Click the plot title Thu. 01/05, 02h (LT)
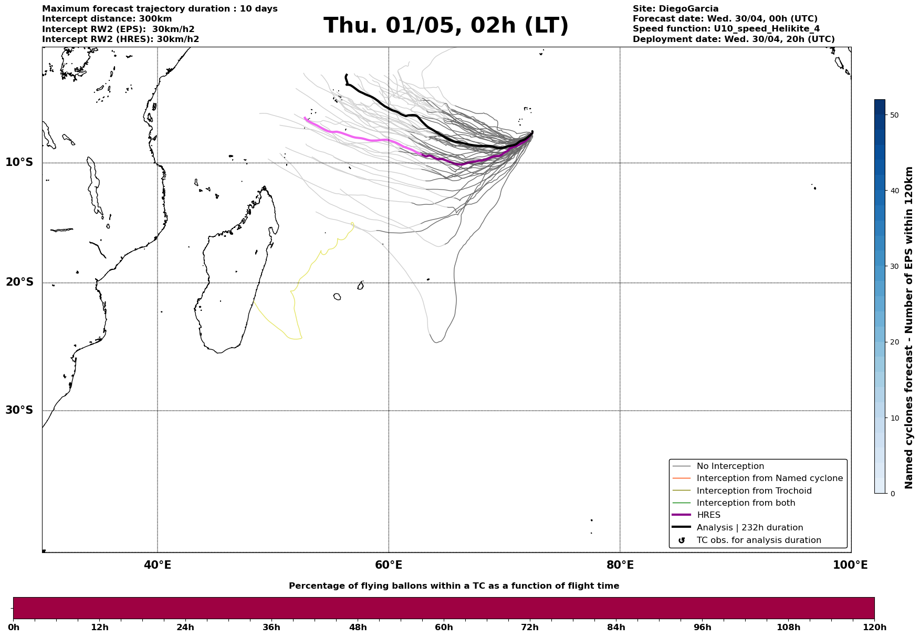pos(446,26)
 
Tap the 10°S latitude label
pos(19,162)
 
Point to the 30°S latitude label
pos(19,410)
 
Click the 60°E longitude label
pos(389,565)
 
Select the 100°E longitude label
pos(850,565)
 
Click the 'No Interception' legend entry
pos(730,466)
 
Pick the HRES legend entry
pos(708,515)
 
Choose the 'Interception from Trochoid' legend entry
pos(754,491)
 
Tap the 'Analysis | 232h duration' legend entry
pos(749,528)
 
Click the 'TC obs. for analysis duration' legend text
pos(758,540)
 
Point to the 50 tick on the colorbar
pos(894,115)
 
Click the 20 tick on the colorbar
pos(894,342)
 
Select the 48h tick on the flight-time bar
pos(358,627)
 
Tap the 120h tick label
pos(874,627)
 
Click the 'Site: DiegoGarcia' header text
pos(675,9)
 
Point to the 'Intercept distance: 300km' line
pos(107,19)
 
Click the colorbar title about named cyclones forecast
pos(909,328)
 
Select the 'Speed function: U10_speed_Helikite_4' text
pos(726,29)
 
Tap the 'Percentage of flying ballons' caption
pos(454,586)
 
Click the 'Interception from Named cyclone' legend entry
pos(769,478)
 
